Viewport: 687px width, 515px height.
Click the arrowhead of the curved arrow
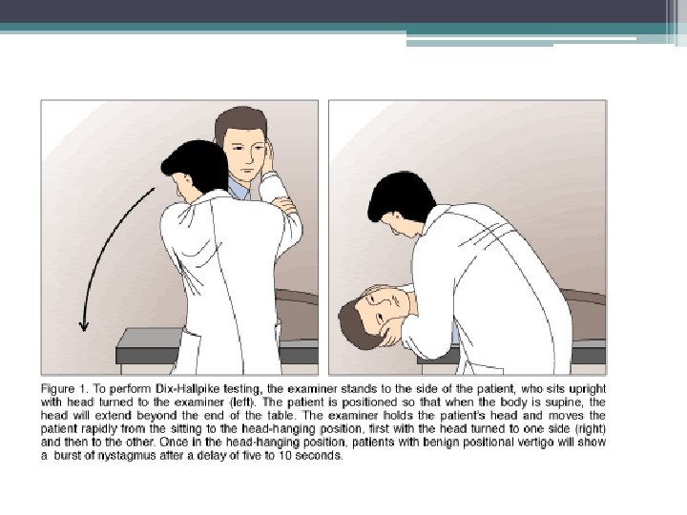tap(84, 327)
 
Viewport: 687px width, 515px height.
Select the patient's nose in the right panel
tap(383, 300)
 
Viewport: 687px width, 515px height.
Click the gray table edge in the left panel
tap(149, 346)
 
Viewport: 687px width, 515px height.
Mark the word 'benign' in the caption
tap(440, 443)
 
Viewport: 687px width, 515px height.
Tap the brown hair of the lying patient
tap(354, 326)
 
